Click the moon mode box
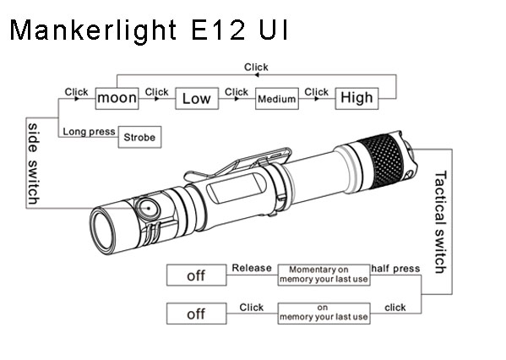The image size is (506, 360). pos(117,98)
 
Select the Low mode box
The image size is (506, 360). pos(197,98)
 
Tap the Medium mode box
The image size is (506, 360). pos(277,99)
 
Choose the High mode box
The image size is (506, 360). pos(356,98)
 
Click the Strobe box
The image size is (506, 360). pos(139,137)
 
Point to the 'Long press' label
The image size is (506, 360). pos(89,131)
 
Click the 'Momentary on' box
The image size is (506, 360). pos(324,275)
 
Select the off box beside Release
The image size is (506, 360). pos(197,275)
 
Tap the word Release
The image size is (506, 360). pos(252,268)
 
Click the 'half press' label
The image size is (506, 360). pos(395,269)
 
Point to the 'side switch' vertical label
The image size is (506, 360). pos(33,163)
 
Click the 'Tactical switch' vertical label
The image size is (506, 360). pos(440,222)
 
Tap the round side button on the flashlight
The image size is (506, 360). pos(149,209)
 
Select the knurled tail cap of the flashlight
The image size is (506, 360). pos(384,161)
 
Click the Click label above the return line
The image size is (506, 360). pos(256,67)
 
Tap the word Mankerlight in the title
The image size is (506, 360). pos(93,30)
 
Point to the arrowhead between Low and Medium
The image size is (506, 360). pos(237,99)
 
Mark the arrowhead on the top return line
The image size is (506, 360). pos(257,75)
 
